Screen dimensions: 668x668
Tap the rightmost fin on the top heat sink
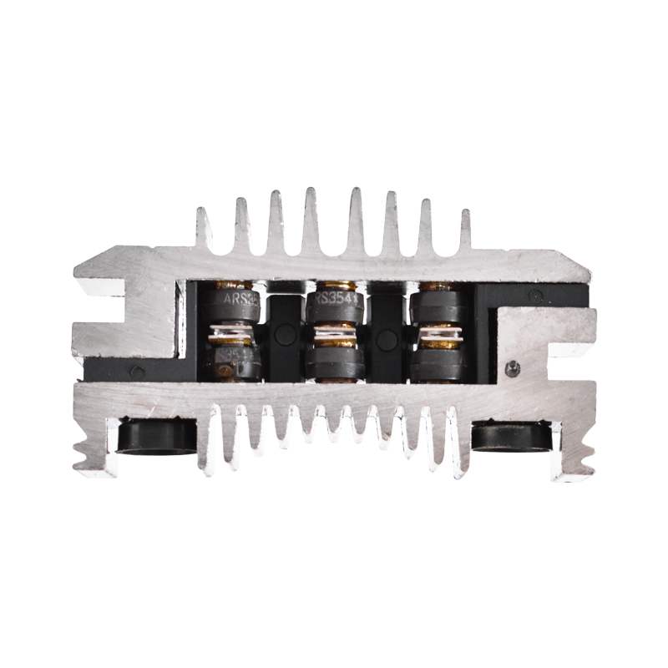[465, 230]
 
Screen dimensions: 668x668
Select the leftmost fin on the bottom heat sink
[205, 443]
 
